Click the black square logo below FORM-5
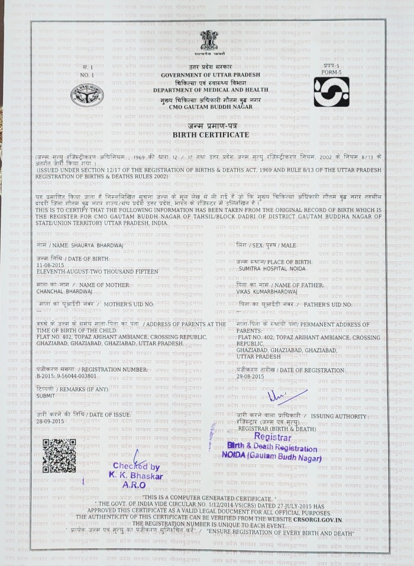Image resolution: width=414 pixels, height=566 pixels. [331, 92]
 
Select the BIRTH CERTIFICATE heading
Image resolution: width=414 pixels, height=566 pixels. [211, 135]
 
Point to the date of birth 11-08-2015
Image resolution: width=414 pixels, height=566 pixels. [50, 265]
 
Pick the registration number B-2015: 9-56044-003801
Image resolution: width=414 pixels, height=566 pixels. [66, 376]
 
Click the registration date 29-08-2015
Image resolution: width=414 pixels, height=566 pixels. [250, 376]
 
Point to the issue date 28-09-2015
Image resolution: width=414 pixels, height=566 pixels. [50, 421]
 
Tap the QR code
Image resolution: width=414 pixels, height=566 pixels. [59, 455]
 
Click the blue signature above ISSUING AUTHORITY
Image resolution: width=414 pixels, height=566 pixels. [285, 396]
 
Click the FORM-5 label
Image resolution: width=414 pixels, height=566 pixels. [332, 72]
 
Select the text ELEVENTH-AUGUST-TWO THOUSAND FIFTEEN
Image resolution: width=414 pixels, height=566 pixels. [98, 271]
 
